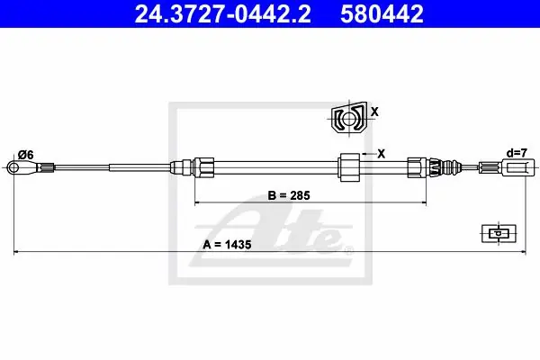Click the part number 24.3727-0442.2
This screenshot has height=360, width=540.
click(223, 13)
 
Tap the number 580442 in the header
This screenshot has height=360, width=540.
click(382, 13)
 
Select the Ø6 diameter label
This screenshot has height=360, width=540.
click(26, 156)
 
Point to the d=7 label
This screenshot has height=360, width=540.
click(517, 153)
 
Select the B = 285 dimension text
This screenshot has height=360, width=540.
click(289, 195)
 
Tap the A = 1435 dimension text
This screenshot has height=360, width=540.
click(227, 245)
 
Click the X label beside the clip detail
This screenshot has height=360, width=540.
click(374, 112)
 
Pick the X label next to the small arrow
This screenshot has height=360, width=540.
click(381, 154)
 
